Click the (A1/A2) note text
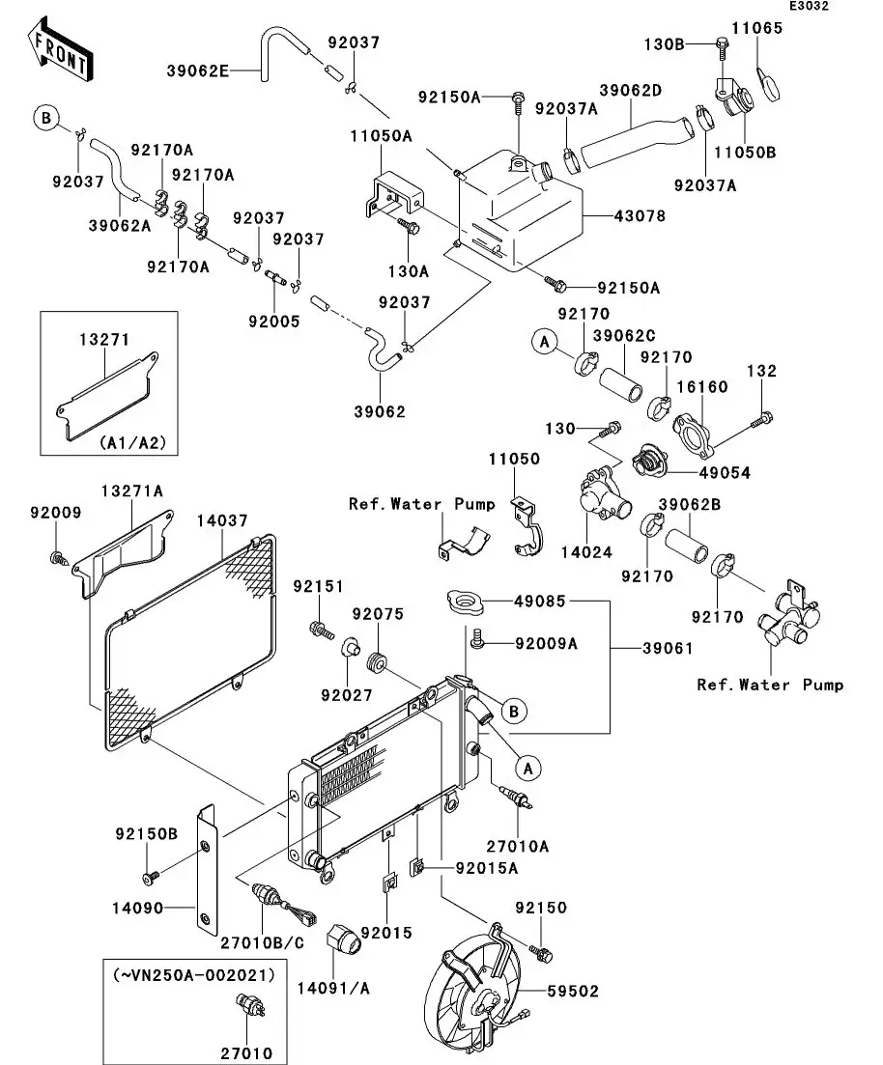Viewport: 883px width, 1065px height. click(132, 443)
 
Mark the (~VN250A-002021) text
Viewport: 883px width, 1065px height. click(194, 975)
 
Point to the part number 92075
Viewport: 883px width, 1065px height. click(371, 614)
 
